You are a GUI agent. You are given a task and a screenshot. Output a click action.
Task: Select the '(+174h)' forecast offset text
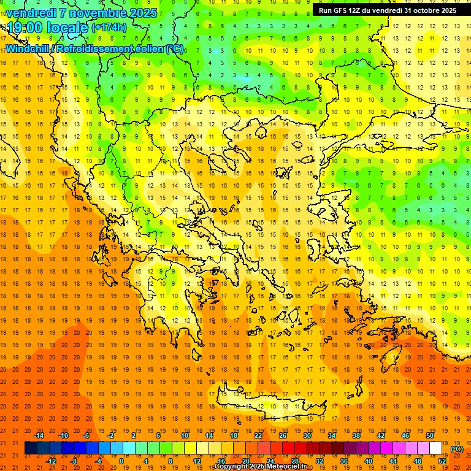coord(109,28)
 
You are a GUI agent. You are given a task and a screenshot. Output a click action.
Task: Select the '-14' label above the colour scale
coord(39,435)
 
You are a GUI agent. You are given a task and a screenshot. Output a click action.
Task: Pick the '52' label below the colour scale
coord(443,461)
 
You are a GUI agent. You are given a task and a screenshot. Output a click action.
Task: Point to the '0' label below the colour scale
coord(121,461)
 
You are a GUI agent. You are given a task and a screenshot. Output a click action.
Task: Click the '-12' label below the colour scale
coord(51,461)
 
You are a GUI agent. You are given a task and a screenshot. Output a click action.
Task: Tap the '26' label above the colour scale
coord(283,435)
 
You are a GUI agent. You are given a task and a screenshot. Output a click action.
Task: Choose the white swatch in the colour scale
coord(435,448)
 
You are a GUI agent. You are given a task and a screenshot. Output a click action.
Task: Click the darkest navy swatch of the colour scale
coord(31,448)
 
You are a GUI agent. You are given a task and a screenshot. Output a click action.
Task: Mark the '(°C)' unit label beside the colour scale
coord(457,449)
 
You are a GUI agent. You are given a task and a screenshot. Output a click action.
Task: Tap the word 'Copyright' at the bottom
coord(231,467)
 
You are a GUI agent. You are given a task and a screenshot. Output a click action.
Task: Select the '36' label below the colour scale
coord(343,461)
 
